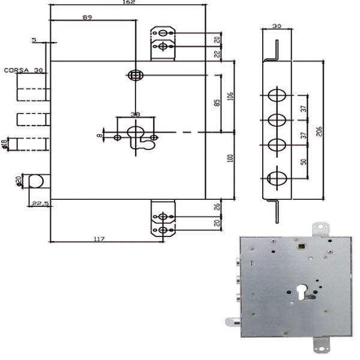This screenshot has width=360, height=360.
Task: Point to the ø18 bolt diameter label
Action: [x=4, y=143]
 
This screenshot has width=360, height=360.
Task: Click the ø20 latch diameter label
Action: [x=18, y=180]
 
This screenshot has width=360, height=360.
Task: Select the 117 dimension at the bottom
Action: [x=99, y=239]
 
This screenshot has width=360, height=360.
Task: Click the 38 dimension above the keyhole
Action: [x=136, y=115]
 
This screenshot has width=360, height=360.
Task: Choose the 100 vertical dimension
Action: [x=230, y=158]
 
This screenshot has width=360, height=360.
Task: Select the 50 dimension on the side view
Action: [x=304, y=162]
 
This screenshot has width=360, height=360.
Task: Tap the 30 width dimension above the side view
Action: [x=277, y=26]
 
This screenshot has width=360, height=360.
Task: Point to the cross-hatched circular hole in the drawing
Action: [x=134, y=75]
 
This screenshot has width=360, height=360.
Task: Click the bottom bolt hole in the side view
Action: [x=277, y=178]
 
